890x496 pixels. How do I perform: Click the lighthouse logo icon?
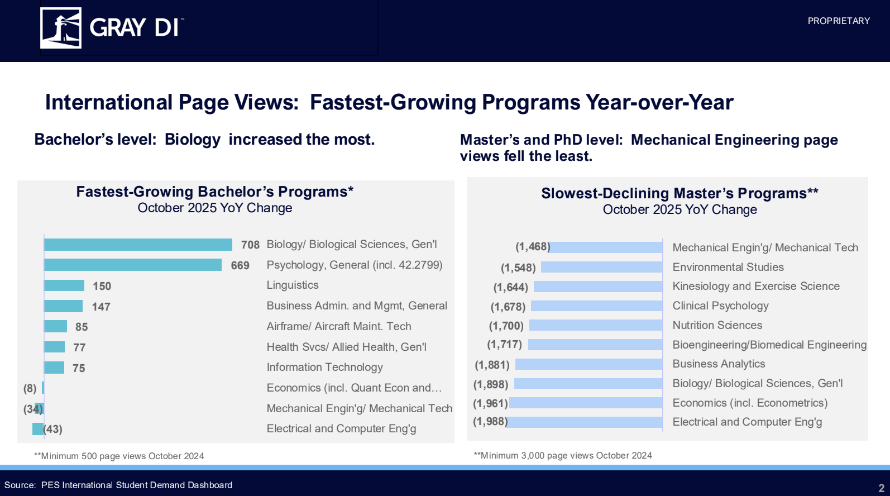[61, 28]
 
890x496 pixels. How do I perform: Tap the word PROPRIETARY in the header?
[838, 21]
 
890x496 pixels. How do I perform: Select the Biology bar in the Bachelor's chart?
[138, 245]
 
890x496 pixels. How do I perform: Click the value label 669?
[240, 265]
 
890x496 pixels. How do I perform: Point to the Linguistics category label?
[293, 285]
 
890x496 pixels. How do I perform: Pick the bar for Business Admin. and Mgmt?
[63, 306]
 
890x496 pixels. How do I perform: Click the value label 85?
[82, 327]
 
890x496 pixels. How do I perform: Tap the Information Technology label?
[324, 368]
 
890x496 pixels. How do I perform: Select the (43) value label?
[53, 429]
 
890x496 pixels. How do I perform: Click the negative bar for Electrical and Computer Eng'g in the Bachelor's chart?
[38, 429]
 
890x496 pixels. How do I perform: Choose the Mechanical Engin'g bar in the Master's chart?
[606, 247]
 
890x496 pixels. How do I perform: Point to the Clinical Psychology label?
[720, 306]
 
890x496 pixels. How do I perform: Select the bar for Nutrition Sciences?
[596, 325]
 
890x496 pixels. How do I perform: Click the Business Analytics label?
[719, 364]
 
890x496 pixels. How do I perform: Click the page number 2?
[881, 488]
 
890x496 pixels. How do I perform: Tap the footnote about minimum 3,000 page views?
[563, 456]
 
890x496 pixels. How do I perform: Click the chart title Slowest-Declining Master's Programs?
[679, 194]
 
